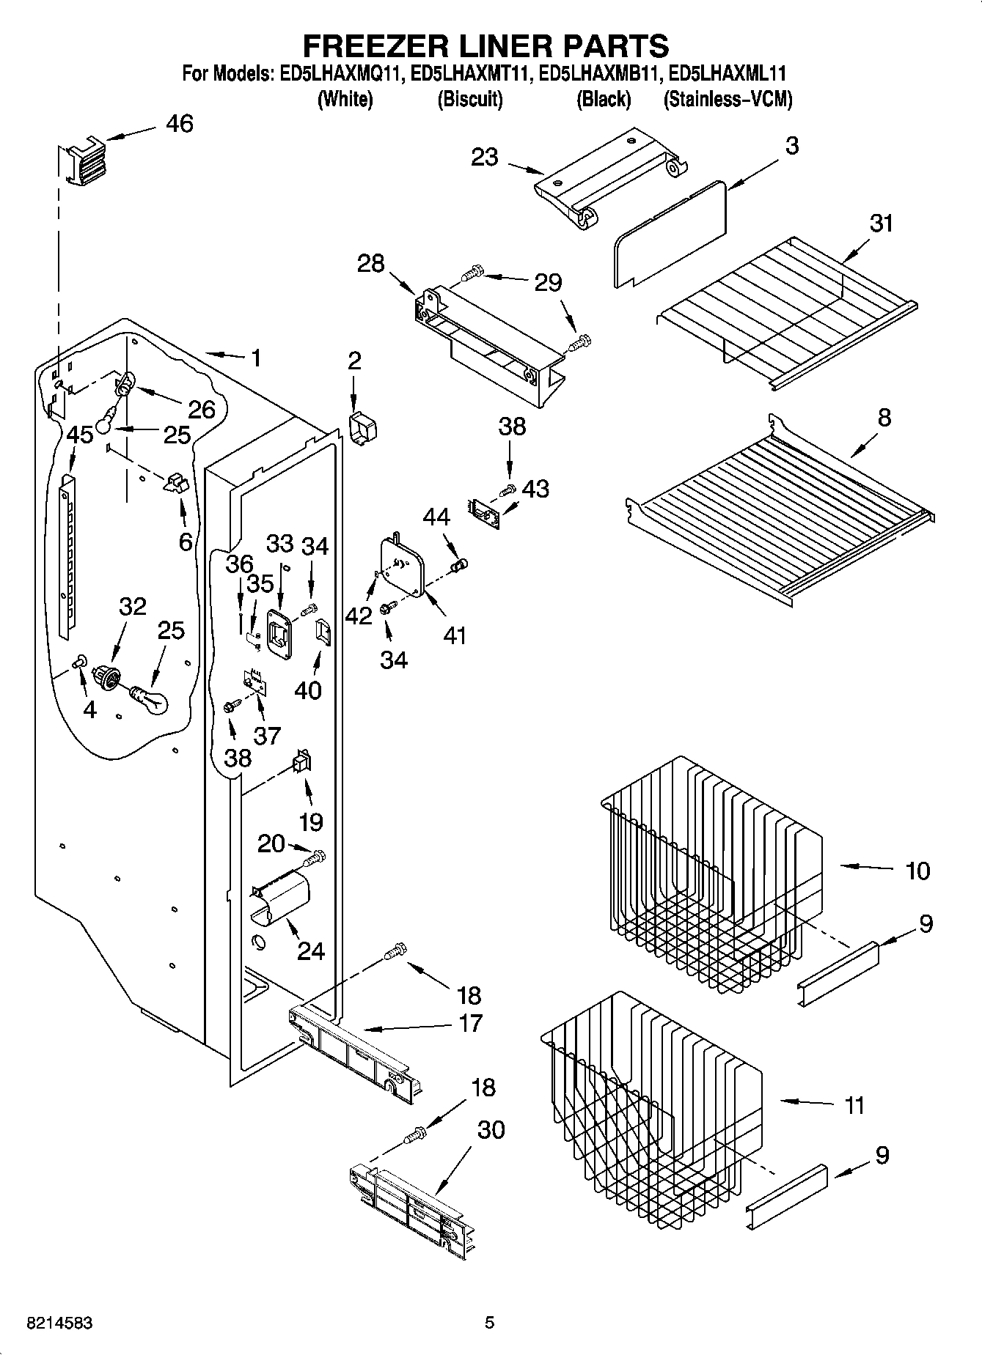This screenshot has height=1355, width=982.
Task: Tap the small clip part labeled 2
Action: pos(361,427)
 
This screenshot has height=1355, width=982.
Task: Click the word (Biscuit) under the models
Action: pos(469,99)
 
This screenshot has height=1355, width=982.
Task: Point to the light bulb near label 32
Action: pos(150,698)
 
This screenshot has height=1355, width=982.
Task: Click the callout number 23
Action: pos(484,157)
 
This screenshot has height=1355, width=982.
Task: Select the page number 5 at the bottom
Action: pos(489,1323)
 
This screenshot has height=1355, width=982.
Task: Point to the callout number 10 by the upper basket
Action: pos(917,871)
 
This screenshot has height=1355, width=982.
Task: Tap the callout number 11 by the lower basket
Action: pos(854,1105)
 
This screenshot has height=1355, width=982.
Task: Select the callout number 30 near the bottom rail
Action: pos(491,1129)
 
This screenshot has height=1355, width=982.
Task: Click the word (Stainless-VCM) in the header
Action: pos(728,99)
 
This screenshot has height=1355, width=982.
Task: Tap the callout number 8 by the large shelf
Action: pos(884,418)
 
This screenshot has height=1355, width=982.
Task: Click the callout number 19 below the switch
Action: pos(311,822)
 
